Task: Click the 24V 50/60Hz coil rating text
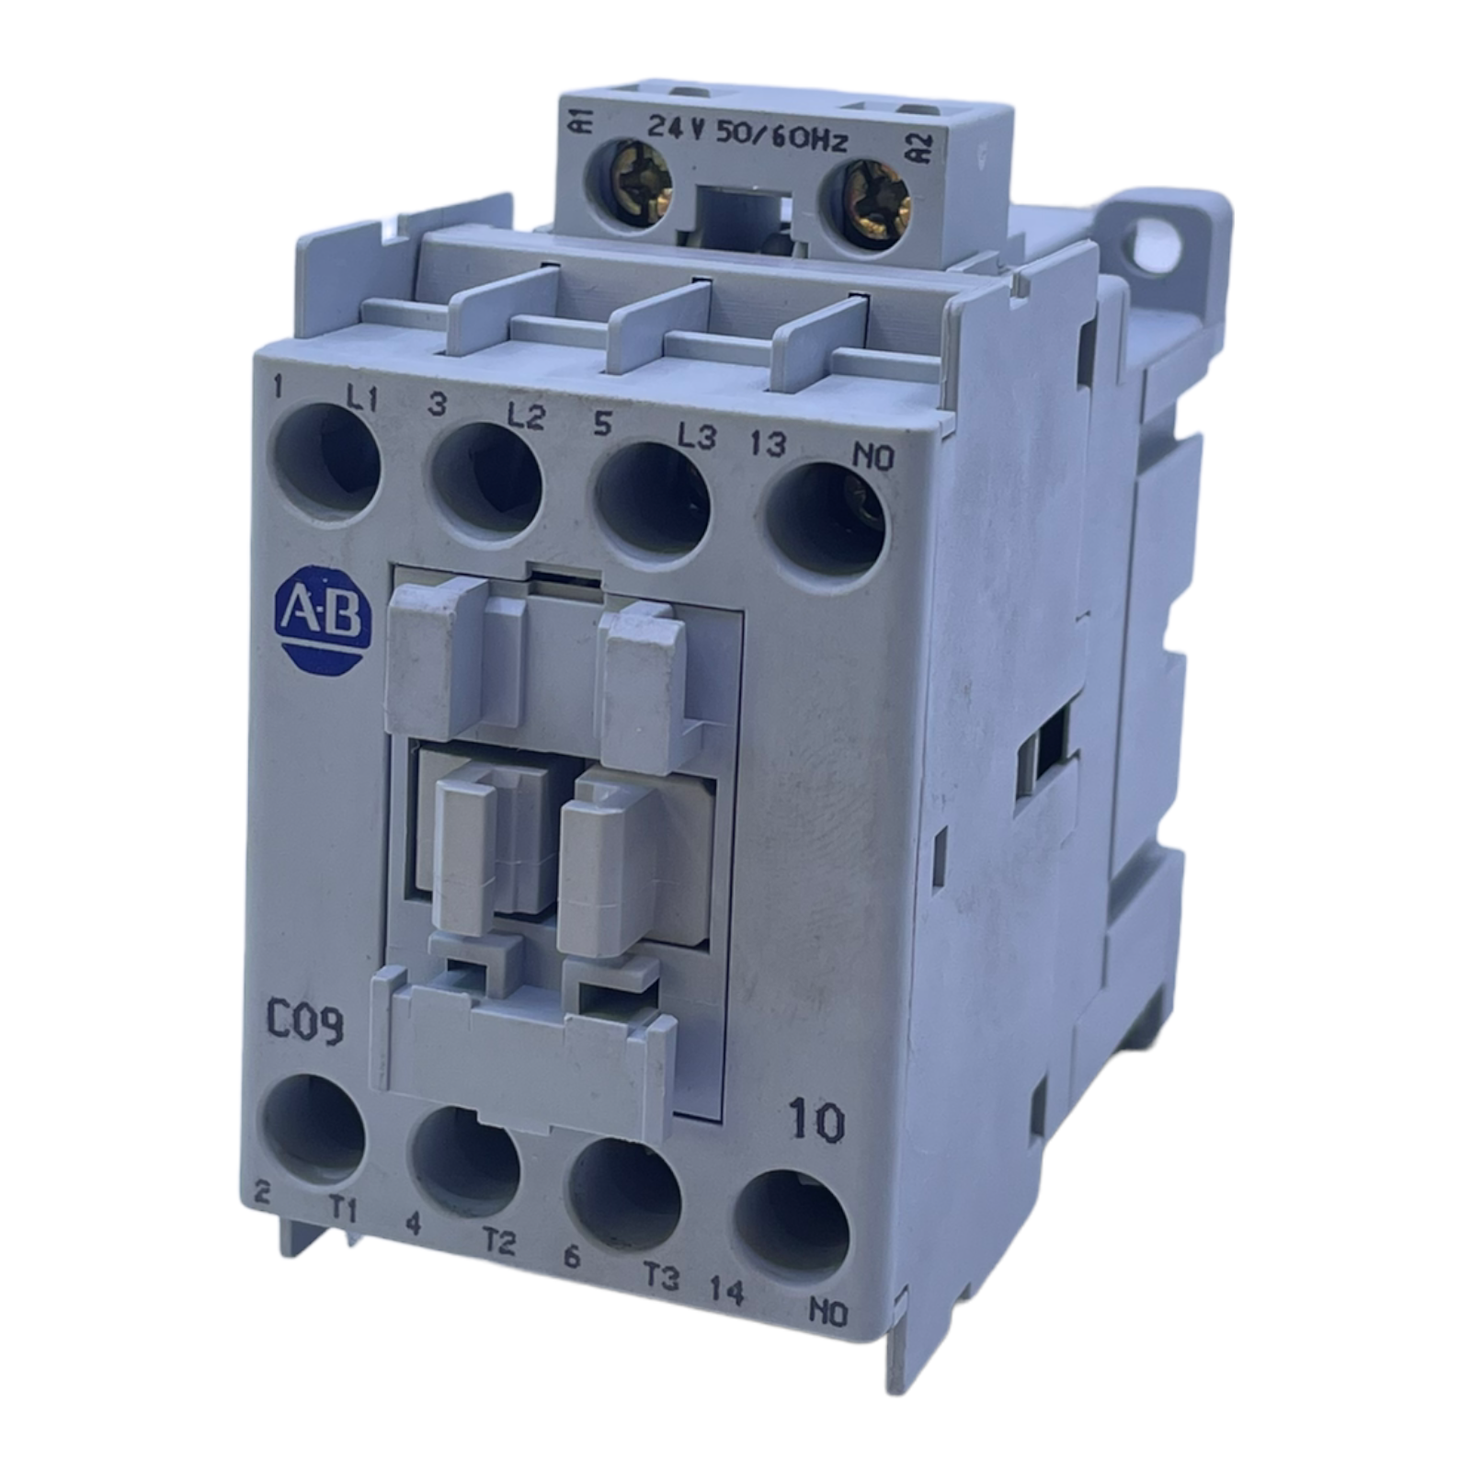747,135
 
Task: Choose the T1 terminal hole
314,1129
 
